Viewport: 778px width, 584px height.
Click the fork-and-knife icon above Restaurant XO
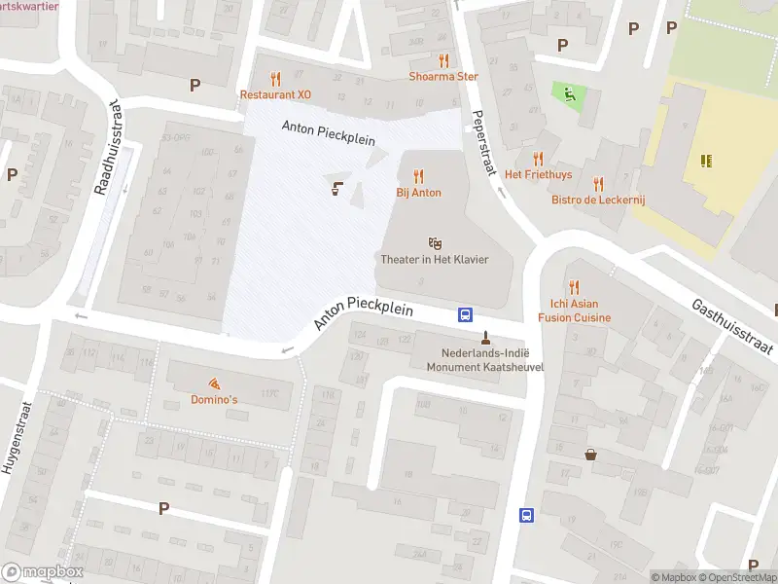pos(275,79)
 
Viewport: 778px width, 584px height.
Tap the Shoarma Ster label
pos(444,76)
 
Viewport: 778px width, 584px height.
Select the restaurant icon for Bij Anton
pos(419,176)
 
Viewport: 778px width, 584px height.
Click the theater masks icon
pos(435,241)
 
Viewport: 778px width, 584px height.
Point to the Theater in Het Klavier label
pos(433,259)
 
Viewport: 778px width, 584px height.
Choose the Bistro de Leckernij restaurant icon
pos(598,182)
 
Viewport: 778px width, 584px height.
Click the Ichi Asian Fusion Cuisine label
pos(575,310)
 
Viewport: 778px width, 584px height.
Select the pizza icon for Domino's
pos(213,384)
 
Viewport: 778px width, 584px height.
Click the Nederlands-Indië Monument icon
pos(485,338)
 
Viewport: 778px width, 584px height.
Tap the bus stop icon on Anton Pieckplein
pos(466,314)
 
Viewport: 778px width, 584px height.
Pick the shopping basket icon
pos(590,455)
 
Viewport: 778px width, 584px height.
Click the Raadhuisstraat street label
pos(107,146)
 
